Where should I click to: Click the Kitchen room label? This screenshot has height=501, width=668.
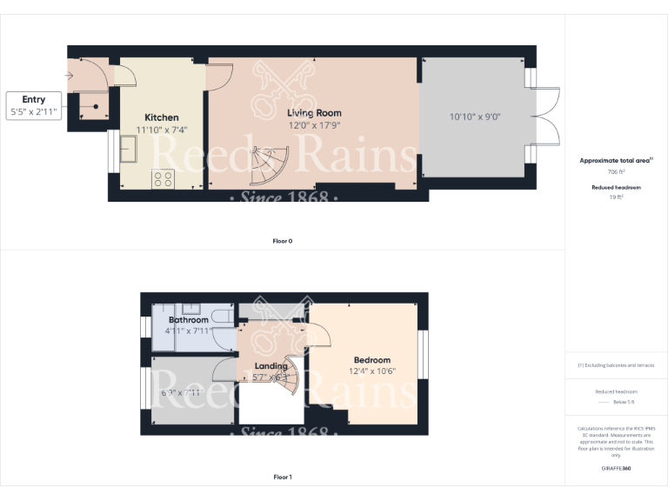162,117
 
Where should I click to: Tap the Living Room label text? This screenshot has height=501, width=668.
314,113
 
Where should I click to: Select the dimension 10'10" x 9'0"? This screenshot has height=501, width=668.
475,117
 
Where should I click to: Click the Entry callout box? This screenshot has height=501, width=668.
34,106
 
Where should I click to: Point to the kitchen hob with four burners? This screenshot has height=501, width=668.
163,179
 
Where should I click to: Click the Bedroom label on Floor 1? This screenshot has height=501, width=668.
371,360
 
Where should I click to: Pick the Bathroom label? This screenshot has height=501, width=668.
188,320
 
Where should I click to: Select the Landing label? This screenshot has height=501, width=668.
271,366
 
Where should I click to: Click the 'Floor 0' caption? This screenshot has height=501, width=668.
282,241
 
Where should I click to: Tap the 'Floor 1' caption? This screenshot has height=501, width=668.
282,477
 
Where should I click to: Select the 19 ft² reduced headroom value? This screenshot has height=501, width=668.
616,197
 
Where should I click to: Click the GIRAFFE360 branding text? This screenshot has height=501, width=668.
616,469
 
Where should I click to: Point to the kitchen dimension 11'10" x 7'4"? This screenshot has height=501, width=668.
162,130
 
